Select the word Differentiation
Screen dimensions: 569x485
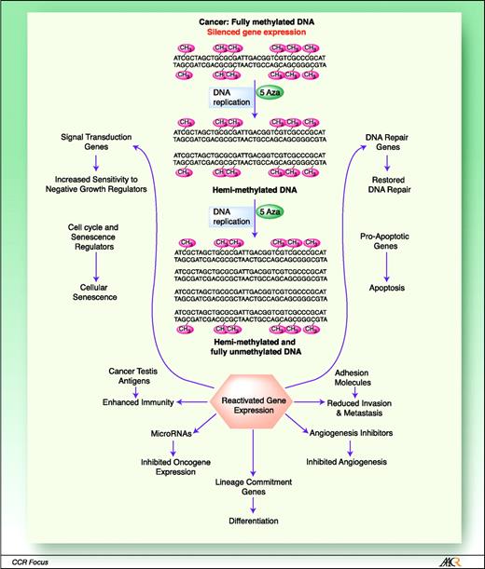click(x=254, y=521)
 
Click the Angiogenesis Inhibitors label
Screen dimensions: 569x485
click(x=360, y=434)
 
